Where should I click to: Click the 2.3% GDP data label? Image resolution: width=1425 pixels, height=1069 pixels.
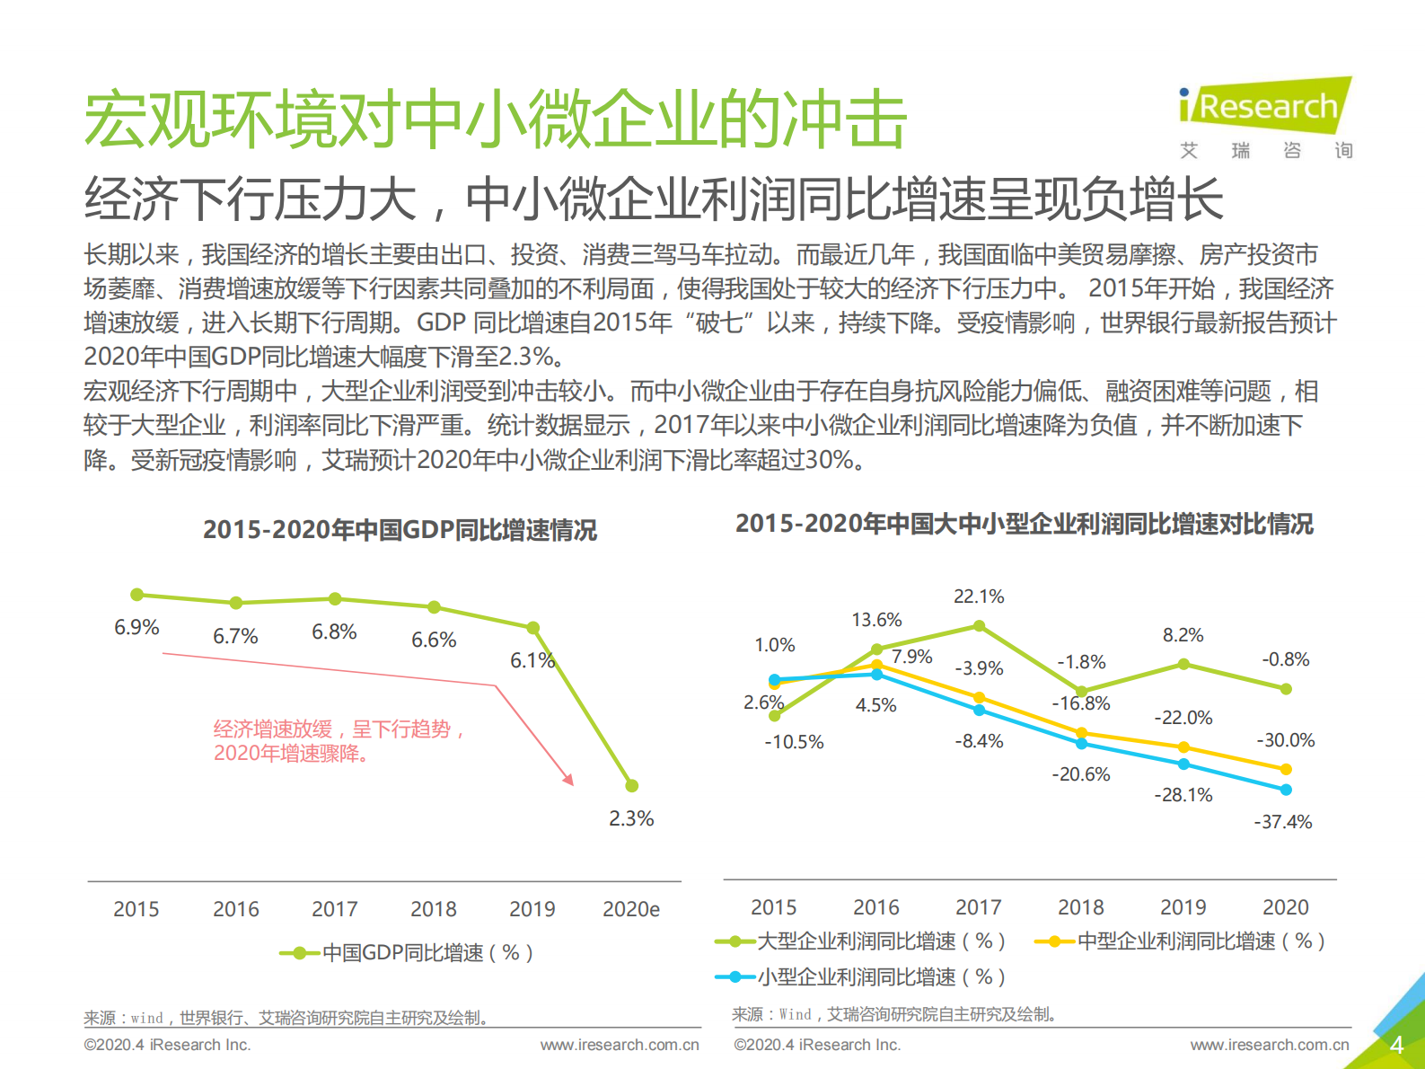(631, 818)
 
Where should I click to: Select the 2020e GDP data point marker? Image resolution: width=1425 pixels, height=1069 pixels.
(631, 786)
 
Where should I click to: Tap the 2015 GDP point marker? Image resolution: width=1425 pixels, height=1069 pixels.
(137, 595)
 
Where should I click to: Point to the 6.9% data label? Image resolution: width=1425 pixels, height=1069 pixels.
(136, 627)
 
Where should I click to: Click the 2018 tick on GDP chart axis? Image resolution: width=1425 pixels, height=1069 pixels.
(433, 909)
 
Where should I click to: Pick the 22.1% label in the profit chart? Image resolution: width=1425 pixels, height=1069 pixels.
(979, 596)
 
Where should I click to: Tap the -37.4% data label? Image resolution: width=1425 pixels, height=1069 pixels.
(1283, 822)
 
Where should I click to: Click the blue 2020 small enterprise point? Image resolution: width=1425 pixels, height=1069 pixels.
(1286, 790)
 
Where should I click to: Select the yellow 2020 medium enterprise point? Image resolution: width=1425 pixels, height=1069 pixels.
(1286, 769)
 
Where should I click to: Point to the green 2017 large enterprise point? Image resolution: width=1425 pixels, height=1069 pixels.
(979, 625)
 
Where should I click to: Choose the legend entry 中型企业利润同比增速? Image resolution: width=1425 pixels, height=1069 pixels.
(1180, 941)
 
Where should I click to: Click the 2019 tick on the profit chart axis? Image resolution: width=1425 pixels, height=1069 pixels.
(1183, 907)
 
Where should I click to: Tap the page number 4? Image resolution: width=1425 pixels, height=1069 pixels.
(1396, 1045)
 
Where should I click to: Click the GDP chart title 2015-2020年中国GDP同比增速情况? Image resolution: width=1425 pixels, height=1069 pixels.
(400, 530)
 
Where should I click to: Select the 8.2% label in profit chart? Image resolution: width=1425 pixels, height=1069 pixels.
(1183, 635)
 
